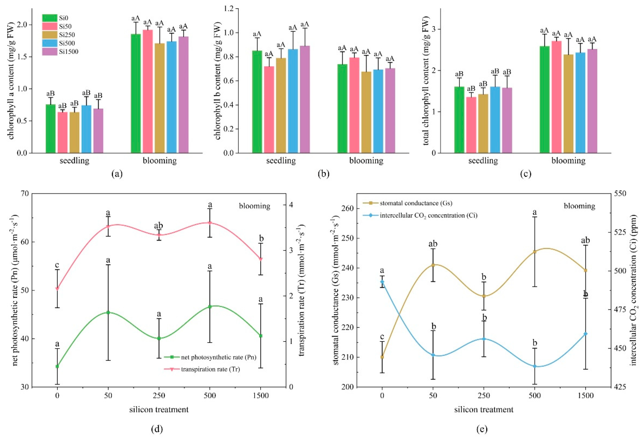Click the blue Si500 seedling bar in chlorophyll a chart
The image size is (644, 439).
86,129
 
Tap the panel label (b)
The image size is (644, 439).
324,174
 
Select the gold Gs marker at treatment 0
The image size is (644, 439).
382,357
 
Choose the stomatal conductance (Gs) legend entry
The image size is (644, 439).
416,203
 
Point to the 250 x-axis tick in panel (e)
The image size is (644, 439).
484,395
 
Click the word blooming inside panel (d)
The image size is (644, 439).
254,206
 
